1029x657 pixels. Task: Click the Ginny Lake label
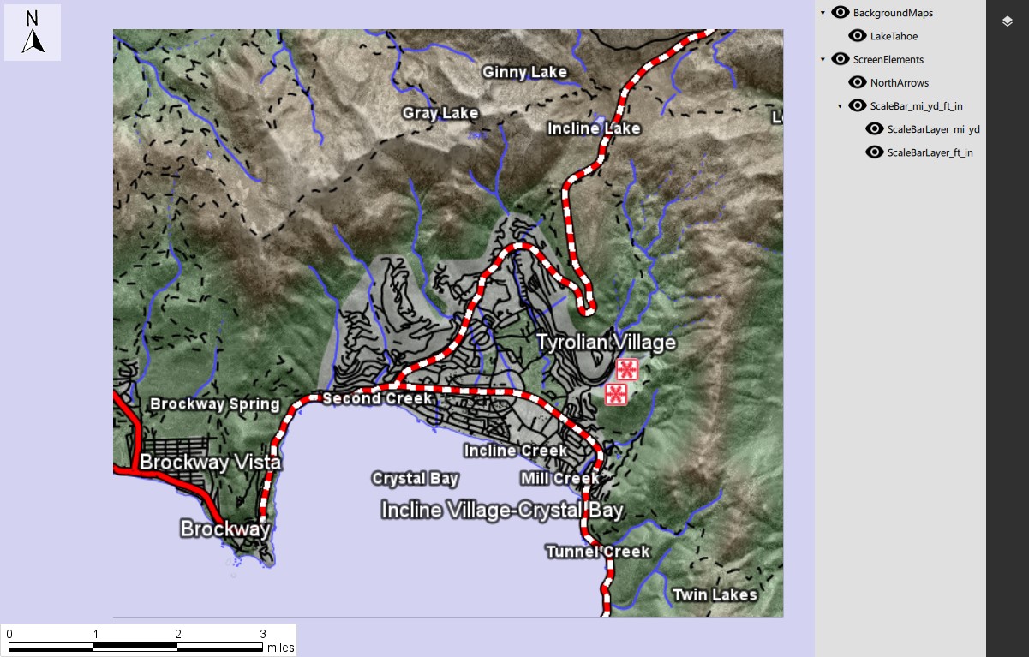[x=524, y=72]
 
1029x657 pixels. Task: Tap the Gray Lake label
[x=440, y=113]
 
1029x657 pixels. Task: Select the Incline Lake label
[x=594, y=128]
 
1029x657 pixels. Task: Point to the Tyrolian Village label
[x=606, y=343]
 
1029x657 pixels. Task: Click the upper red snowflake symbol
[x=627, y=370]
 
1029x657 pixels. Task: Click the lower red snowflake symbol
[x=616, y=394]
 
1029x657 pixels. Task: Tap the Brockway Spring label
[x=215, y=404]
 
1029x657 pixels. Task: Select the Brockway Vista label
[x=210, y=463]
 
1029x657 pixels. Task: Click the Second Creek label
[x=377, y=398]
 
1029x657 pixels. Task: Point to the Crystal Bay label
[x=415, y=479]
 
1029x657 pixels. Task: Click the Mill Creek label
[x=559, y=478]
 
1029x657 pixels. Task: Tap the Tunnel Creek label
[x=598, y=552]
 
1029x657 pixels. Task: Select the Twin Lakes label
[x=715, y=594]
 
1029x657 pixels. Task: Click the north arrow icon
[x=33, y=33]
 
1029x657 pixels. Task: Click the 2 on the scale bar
[x=178, y=634]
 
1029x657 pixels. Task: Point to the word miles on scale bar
[x=280, y=648]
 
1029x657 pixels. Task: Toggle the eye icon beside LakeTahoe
[x=857, y=36]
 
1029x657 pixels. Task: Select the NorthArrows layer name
[x=899, y=83]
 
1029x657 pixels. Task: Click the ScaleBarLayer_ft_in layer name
[x=930, y=152]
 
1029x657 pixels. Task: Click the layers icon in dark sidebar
[x=1008, y=21]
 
